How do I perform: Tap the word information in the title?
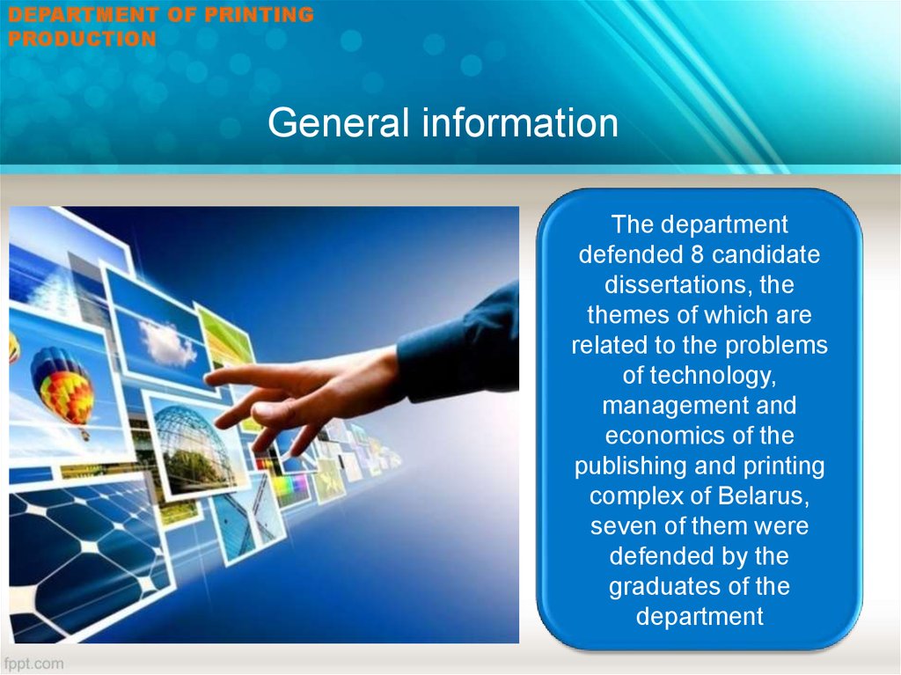pyautogui.click(x=521, y=122)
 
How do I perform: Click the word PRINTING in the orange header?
pyautogui.click(x=260, y=14)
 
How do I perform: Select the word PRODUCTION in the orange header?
pyautogui.click(x=82, y=39)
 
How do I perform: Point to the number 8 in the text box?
pyautogui.click(x=697, y=254)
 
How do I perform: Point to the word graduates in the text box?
pyautogui.click(x=665, y=587)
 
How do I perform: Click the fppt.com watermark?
pyautogui.click(x=34, y=664)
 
